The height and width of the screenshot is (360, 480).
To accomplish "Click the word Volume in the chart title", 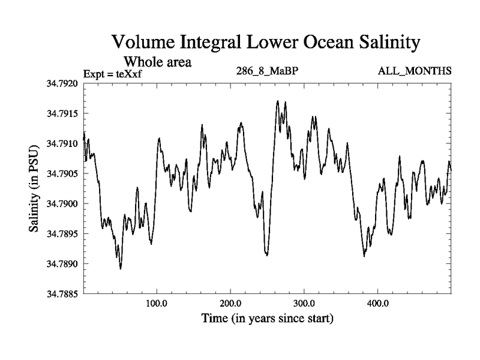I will [142, 43].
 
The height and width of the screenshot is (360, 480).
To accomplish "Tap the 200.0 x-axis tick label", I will [230, 304].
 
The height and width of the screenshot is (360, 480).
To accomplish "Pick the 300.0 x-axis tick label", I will [304, 304].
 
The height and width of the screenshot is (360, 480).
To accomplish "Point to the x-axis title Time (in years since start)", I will [267, 318].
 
